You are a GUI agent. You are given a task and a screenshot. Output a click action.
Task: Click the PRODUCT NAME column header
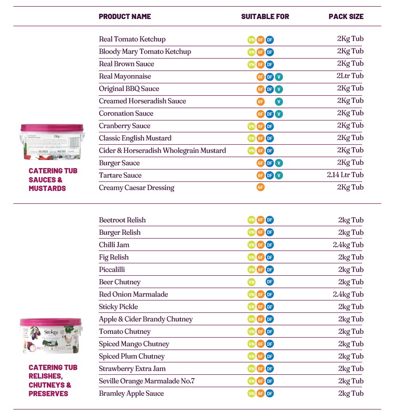coord(125,17)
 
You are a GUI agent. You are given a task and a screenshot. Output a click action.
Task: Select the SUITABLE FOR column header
coord(265,17)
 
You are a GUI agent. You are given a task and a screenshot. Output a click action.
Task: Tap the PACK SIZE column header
coord(346,17)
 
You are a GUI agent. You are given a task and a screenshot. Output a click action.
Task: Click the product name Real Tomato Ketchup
coord(132,39)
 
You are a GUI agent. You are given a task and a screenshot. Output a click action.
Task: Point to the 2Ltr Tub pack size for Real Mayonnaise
coord(350,76)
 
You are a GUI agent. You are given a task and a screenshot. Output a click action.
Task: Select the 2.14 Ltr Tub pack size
coord(345,175)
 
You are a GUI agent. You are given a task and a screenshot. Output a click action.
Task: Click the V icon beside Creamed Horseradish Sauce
coord(279,101)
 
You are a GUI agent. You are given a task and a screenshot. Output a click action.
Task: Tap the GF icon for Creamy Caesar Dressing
coord(261,188)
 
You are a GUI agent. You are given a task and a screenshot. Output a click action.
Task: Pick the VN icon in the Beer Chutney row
coord(251,282)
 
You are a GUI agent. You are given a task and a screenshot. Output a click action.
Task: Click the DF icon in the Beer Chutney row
coord(270,282)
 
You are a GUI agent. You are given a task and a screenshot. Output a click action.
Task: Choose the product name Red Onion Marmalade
coord(134,294)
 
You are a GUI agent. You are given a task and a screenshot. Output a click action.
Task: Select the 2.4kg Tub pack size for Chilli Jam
coord(348,245)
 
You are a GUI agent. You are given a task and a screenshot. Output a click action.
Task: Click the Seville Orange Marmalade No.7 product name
coord(147,381)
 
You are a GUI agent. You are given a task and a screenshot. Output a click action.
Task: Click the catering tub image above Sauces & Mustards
coord(52,142)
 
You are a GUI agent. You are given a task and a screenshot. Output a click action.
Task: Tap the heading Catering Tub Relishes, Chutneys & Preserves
coord(52,380)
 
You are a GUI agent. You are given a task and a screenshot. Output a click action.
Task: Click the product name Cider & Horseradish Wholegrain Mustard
coord(162,150)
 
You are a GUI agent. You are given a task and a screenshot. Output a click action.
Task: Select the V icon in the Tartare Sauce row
coord(279,176)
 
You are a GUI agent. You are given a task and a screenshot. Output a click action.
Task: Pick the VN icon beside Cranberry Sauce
coord(251,126)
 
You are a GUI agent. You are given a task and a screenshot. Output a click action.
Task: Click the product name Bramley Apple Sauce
coord(131,393)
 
